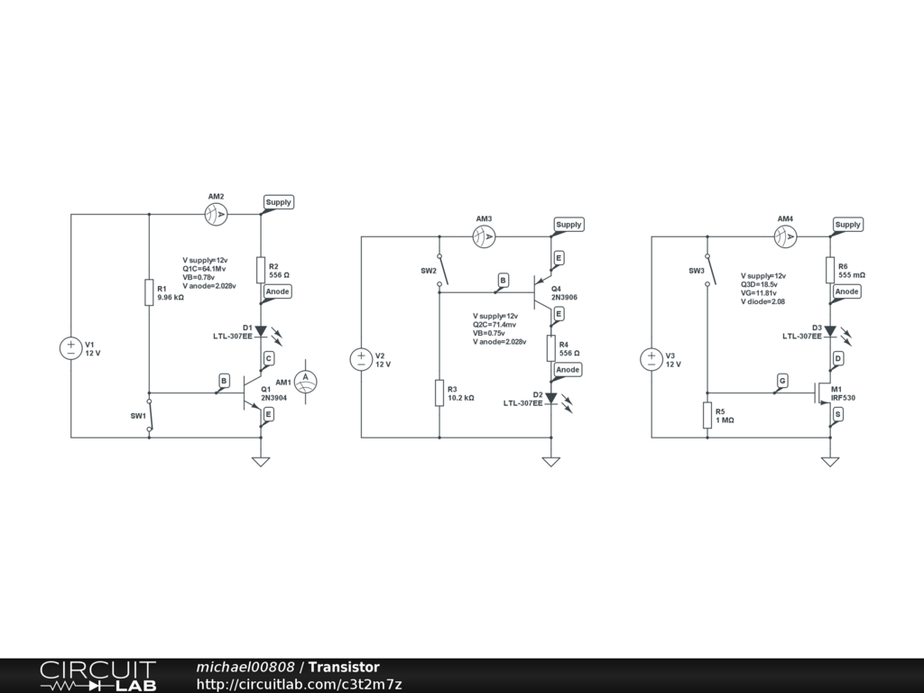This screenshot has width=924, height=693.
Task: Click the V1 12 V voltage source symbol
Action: pyautogui.click(x=70, y=348)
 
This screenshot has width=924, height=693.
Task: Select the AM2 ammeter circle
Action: pyautogui.click(x=216, y=214)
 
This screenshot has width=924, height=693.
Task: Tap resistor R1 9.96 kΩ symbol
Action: pyautogui.click(x=149, y=292)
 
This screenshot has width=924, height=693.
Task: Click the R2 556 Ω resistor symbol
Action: pyautogui.click(x=261, y=270)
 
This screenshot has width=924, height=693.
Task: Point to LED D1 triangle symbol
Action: pyautogui.click(x=261, y=331)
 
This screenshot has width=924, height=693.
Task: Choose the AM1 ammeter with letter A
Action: pyautogui.click(x=306, y=380)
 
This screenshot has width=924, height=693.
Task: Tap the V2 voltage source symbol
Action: pyautogui.click(x=361, y=359)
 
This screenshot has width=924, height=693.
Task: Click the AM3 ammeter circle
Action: pyautogui.click(x=485, y=236)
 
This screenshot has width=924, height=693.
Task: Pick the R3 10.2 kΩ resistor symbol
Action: pyautogui.click(x=439, y=393)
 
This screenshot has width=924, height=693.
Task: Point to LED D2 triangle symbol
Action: pyautogui.click(x=551, y=398)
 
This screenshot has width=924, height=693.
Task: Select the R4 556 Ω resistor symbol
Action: pyautogui.click(x=551, y=348)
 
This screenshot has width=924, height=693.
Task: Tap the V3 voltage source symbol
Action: pyautogui.click(x=651, y=359)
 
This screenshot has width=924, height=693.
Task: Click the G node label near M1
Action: pyautogui.click(x=782, y=382)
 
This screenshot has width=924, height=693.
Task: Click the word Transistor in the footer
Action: pyautogui.click(x=344, y=667)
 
